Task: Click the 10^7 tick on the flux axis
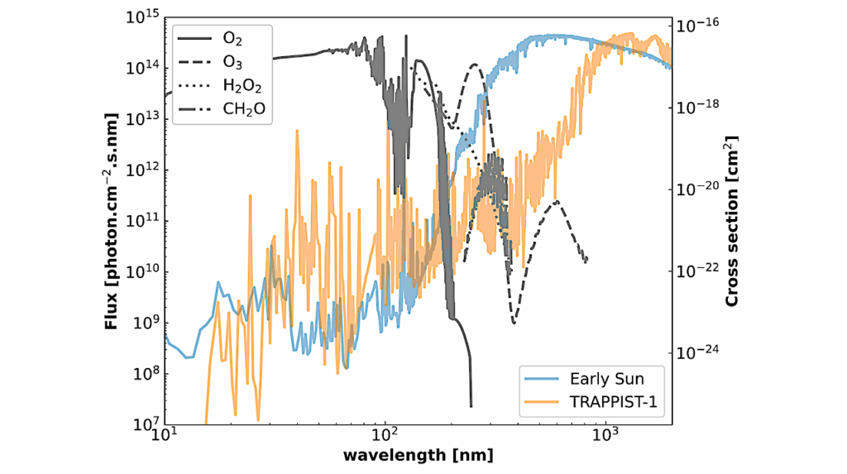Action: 144,424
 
